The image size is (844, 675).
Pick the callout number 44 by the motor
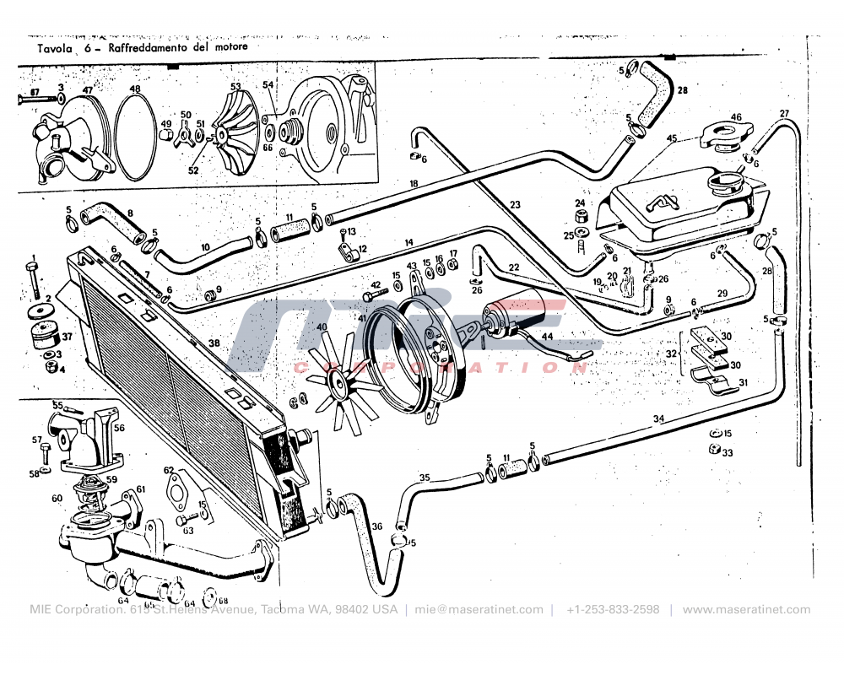click(x=547, y=337)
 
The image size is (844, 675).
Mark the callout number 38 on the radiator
click(x=214, y=343)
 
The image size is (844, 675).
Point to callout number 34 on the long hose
click(x=658, y=418)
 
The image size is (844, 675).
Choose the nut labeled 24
click(x=581, y=217)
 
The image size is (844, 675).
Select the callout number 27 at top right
click(x=784, y=114)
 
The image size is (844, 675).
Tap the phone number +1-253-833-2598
click(x=613, y=610)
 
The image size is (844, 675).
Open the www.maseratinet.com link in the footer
click(x=746, y=610)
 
